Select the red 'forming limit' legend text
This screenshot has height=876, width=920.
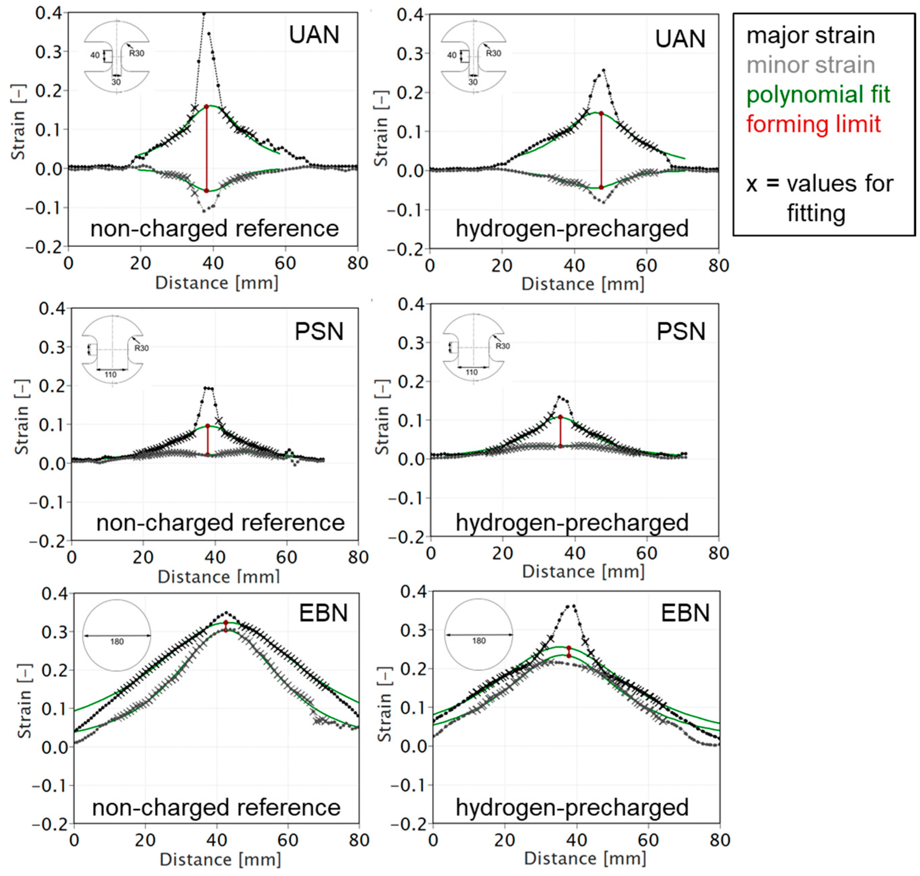pos(813,124)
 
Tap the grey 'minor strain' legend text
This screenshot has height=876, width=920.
pos(810,65)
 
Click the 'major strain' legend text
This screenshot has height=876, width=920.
pos(810,36)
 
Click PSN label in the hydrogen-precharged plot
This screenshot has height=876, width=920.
pos(680,332)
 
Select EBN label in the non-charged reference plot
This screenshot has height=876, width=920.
pos(323,613)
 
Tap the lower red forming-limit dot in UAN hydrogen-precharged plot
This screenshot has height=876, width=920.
pos(601,187)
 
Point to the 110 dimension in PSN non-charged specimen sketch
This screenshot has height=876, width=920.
pos(110,375)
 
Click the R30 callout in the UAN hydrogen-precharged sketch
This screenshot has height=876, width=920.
pos(493,53)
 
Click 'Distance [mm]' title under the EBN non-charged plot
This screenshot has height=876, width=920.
pos(220,859)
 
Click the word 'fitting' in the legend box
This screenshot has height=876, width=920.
pos(816,213)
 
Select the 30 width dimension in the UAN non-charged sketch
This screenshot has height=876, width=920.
pos(116,82)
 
